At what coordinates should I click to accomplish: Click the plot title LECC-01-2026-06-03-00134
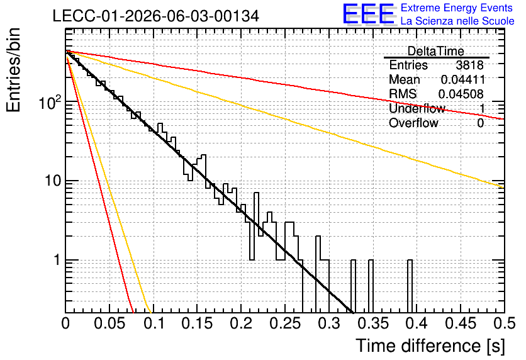(x=156, y=16)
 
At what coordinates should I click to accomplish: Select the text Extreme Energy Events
(x=457, y=8)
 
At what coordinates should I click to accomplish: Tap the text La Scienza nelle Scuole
(x=457, y=21)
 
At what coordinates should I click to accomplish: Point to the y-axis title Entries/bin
(x=13, y=70)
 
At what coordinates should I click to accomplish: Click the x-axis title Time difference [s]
(x=430, y=346)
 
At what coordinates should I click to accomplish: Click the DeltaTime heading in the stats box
(x=436, y=51)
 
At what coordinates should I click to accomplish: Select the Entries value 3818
(x=469, y=65)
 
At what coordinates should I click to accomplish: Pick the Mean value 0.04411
(x=463, y=79)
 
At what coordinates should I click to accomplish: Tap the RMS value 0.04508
(x=461, y=94)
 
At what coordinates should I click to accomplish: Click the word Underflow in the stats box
(x=417, y=108)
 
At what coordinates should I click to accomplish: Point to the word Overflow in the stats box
(x=413, y=123)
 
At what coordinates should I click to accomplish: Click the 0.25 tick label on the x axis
(x=285, y=323)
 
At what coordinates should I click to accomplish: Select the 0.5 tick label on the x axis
(x=505, y=323)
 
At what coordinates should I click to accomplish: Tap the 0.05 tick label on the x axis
(x=109, y=323)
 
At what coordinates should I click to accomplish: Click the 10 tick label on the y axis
(x=52, y=181)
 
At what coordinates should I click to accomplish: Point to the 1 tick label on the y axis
(x=57, y=260)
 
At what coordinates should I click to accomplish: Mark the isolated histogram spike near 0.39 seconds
(x=410, y=286)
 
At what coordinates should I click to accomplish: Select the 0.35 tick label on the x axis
(x=372, y=323)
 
